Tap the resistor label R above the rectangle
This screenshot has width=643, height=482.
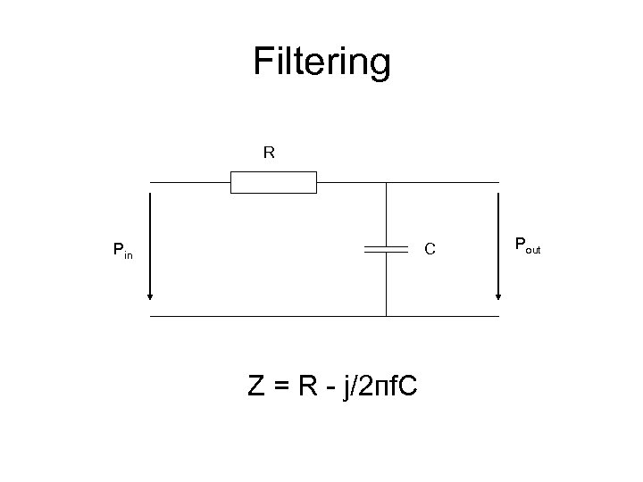click(269, 153)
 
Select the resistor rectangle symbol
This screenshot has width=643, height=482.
click(273, 184)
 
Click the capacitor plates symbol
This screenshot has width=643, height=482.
click(386, 249)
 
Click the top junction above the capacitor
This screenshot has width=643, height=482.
click(386, 184)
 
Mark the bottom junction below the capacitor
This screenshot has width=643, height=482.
click(386, 315)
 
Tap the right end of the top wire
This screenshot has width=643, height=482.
click(498, 184)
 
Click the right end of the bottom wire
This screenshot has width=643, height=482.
click(498, 315)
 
